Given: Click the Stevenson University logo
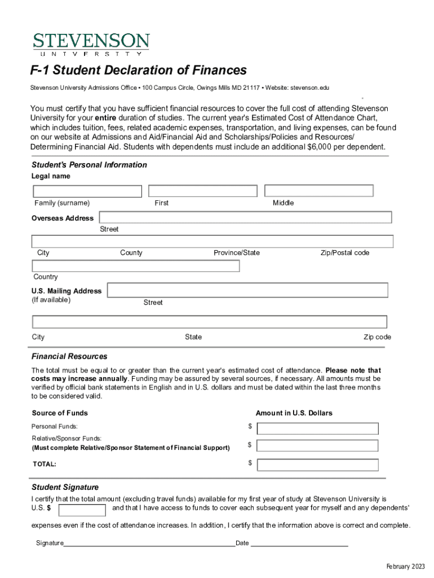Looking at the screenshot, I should click(x=91, y=44).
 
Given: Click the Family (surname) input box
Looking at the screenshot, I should click(x=87, y=192).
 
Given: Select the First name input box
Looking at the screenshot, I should click(x=202, y=191).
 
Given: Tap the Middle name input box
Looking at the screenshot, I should click(x=318, y=191).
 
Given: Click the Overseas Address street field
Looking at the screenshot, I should click(x=245, y=218).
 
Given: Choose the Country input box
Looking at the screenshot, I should click(x=136, y=266).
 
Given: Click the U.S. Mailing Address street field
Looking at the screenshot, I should click(x=247, y=290).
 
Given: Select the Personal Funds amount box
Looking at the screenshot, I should click(x=317, y=428).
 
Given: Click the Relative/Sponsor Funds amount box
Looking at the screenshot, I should click(x=317, y=446).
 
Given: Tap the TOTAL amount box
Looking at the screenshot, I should click(x=317, y=465).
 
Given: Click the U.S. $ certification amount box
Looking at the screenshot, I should click(x=82, y=510).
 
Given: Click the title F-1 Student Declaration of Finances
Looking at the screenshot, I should click(x=139, y=71).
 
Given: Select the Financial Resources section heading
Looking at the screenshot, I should click(x=69, y=357).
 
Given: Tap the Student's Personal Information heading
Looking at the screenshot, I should click(x=89, y=165).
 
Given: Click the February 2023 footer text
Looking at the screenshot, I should click(x=405, y=567).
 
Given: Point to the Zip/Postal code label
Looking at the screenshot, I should click(x=345, y=253).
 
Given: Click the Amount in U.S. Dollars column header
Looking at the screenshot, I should click(x=294, y=413).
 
